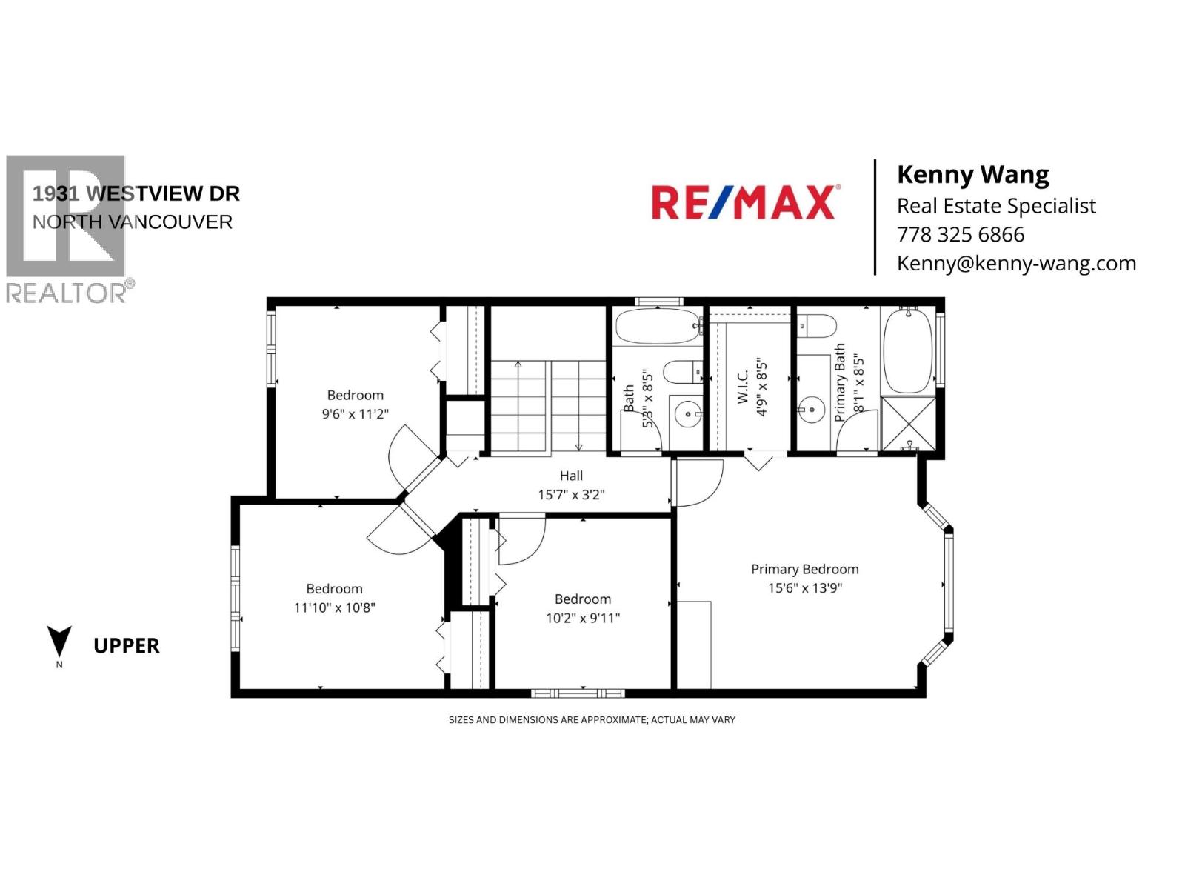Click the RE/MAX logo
pos(744,202)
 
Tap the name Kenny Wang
pos(972,175)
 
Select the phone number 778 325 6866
pos(960,235)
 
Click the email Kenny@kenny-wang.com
pos(1015,264)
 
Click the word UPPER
pos(127,646)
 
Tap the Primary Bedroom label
pos(804,569)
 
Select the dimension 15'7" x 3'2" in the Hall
pos(570,495)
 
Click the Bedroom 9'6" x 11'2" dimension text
pos(355,414)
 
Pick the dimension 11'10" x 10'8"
pos(334,607)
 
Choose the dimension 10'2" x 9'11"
pos(582,618)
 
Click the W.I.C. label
pos(743,385)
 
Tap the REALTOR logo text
pos(67,293)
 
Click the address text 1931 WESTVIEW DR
pos(136,193)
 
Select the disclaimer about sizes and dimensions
pos(592,720)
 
